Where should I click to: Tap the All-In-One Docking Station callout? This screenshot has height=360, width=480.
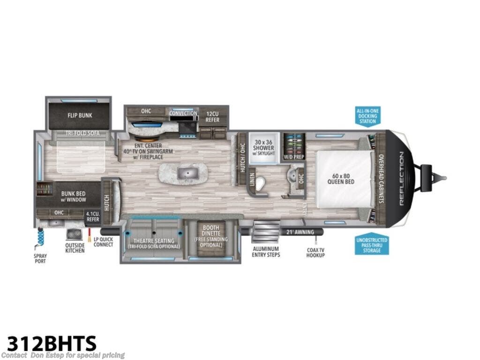pyautogui.click(x=368, y=115)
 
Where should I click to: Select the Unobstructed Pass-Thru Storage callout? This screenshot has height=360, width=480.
pyautogui.click(x=371, y=245)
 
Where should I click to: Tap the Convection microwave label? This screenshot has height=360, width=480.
pyautogui.click(x=183, y=113)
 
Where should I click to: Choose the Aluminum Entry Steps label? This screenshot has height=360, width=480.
pyautogui.click(x=266, y=252)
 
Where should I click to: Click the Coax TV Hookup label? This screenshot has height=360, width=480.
pyautogui.click(x=316, y=252)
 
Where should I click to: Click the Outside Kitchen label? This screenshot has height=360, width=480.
pyautogui.click(x=75, y=248)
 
